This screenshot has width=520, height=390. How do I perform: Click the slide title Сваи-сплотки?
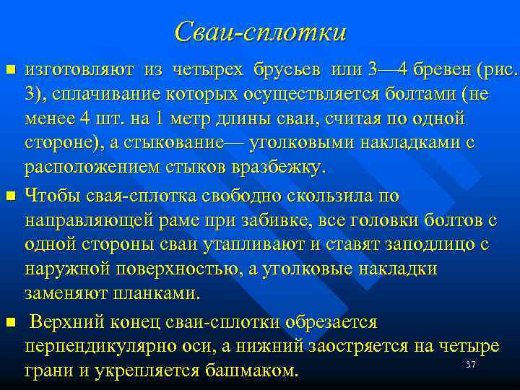point(260,32)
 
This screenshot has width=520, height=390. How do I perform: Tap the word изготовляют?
point(79,70)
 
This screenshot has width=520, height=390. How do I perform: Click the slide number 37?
point(470,365)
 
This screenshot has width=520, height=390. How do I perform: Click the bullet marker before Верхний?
point(10,320)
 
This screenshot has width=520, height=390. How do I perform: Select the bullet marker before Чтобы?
point(10,196)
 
